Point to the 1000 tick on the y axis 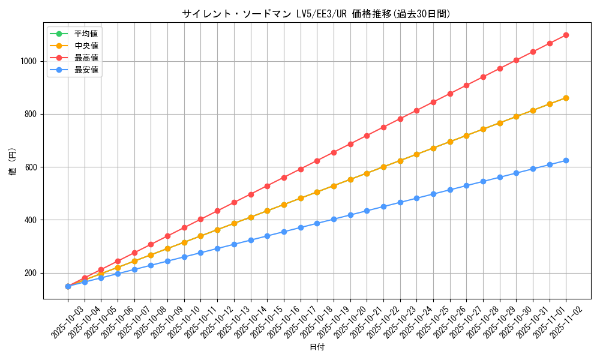29,61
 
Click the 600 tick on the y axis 31,167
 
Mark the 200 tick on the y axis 31,273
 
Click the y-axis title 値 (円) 13,162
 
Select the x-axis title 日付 316,347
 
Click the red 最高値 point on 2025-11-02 566,35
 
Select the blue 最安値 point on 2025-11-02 566,160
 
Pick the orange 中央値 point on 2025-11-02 566,98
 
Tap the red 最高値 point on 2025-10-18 317,161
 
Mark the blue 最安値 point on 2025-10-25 433,194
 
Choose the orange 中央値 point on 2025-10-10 184,242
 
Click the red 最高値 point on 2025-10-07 134,253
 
